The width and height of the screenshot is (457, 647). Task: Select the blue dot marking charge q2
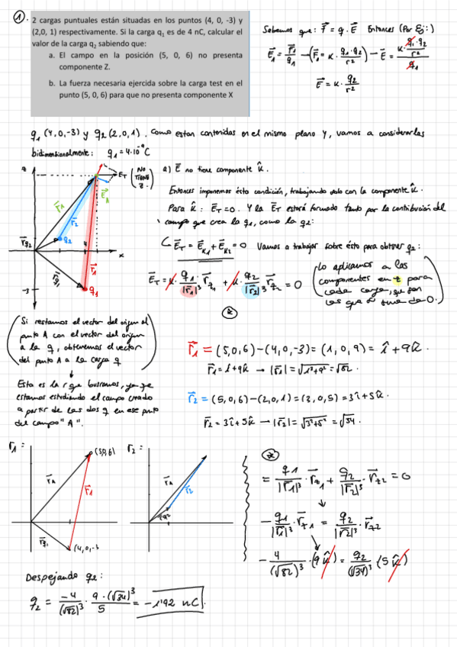point(59,240)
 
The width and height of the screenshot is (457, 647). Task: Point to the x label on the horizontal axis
point(121,255)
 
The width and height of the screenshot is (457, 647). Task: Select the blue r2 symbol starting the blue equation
point(193,397)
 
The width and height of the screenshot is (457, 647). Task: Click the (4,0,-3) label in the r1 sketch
point(90,546)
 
